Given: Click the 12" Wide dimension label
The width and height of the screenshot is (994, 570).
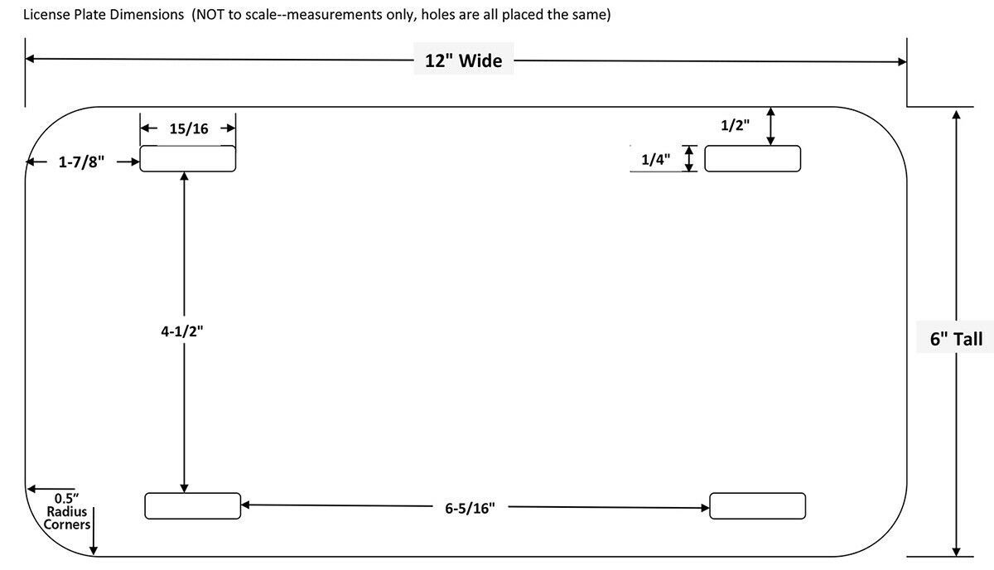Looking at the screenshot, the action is click(463, 60).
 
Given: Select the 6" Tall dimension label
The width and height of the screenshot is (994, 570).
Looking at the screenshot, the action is click(956, 339).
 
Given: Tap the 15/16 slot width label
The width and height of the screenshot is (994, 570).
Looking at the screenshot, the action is click(189, 128).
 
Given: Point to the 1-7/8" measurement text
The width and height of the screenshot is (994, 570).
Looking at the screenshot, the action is click(81, 162).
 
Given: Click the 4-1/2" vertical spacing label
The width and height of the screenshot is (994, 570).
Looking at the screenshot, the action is click(182, 331).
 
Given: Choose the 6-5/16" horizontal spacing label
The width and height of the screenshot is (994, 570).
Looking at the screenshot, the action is click(470, 508).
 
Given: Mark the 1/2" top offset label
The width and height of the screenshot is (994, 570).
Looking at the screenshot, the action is click(735, 125).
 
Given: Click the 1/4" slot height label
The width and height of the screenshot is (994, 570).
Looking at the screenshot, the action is click(655, 159).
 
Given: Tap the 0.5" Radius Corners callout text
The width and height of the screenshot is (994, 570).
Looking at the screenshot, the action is click(66, 511).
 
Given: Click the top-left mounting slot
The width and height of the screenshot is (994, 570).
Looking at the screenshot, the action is click(188, 158).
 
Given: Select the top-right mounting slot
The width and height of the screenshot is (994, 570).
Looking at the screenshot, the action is click(753, 158).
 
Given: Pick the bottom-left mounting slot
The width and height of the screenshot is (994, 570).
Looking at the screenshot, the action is click(192, 505).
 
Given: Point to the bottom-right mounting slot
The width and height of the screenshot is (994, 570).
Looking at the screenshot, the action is click(757, 505).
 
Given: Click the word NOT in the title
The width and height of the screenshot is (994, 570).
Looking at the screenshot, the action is click(210, 15).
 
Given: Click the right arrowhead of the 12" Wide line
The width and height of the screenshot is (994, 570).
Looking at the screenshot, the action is click(902, 61).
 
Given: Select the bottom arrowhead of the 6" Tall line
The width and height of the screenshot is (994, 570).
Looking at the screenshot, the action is click(956, 551).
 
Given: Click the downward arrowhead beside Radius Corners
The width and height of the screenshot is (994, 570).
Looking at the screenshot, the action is click(93, 550).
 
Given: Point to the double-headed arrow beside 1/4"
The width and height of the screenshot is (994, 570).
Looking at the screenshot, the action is click(688, 158).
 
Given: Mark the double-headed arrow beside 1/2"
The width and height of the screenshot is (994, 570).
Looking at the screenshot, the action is click(771, 126).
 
